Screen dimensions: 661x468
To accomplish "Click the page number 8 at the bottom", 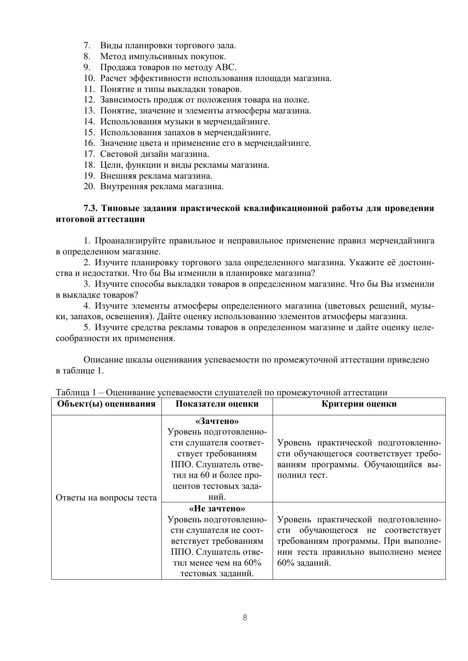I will pos(245,618).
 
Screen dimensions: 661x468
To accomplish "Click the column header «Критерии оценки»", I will pos(359,404).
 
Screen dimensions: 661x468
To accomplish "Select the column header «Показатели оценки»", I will pos(217,404).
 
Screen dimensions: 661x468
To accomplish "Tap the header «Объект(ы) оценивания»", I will pos(106,404).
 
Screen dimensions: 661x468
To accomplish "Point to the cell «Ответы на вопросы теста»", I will pos(106,498).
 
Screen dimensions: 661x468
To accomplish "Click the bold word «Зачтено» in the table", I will pos(217,421).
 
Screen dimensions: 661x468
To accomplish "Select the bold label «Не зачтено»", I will pos(217,509).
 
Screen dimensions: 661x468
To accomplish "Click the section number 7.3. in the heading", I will pos(91,208).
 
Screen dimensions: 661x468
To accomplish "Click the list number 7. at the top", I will pos(87,46).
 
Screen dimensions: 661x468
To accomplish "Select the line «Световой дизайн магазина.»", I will pos(155,154).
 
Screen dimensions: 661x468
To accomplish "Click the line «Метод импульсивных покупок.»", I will pos(163,57).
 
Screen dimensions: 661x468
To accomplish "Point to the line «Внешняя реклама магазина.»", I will pos(156,176).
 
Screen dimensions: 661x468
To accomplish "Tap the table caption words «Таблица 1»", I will pos(77,393).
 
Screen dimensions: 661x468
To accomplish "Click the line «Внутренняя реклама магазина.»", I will pos(162,187).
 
